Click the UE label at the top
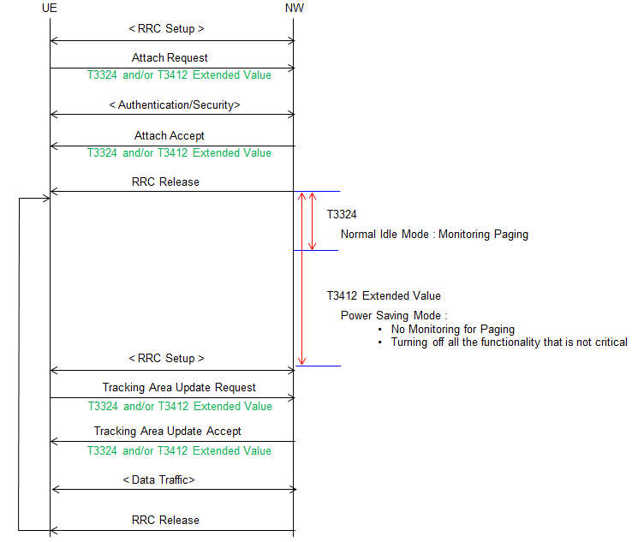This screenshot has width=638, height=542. pos(49,9)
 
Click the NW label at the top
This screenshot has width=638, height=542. pos(295,9)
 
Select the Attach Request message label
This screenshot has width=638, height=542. pos(170,57)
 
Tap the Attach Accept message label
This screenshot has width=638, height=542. pos(170,135)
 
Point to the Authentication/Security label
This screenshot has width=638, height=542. pos(175,105)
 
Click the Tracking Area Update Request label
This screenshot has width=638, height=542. pos(179,387)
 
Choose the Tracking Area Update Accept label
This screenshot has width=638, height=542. pos(168,431)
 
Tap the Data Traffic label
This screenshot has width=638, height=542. pos(158,480)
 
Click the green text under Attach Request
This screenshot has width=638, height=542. pos(179,74)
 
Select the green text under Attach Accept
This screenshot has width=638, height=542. pos(179,153)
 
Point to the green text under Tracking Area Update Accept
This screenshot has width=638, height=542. pos(179,451)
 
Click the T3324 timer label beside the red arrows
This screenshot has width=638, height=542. pos(342,214)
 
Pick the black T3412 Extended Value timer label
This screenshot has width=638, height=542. pos(384,295)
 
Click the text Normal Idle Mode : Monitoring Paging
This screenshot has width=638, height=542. pos(434,235)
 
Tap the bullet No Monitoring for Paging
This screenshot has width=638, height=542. pos(453,329)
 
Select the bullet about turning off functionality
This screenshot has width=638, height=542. pos(509,342)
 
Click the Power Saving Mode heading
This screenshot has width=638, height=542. pos(394,316)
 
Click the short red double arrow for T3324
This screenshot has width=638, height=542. pos(312,221)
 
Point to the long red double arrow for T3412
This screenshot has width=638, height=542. pos(301,279)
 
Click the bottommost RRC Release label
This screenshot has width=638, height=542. pos(165,520)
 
